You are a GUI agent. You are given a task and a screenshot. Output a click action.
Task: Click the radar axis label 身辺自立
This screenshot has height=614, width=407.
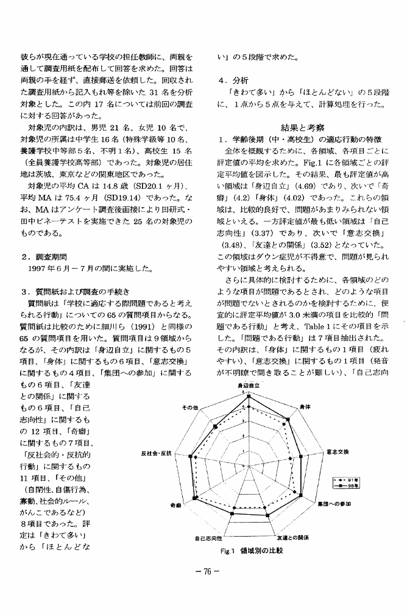248,386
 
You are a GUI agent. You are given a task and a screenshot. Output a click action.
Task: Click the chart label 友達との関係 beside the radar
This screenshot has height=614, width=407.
293,537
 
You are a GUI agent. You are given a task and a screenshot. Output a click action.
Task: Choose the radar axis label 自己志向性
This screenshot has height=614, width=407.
208,538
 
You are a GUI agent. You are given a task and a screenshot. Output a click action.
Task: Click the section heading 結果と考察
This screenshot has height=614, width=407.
302,127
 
